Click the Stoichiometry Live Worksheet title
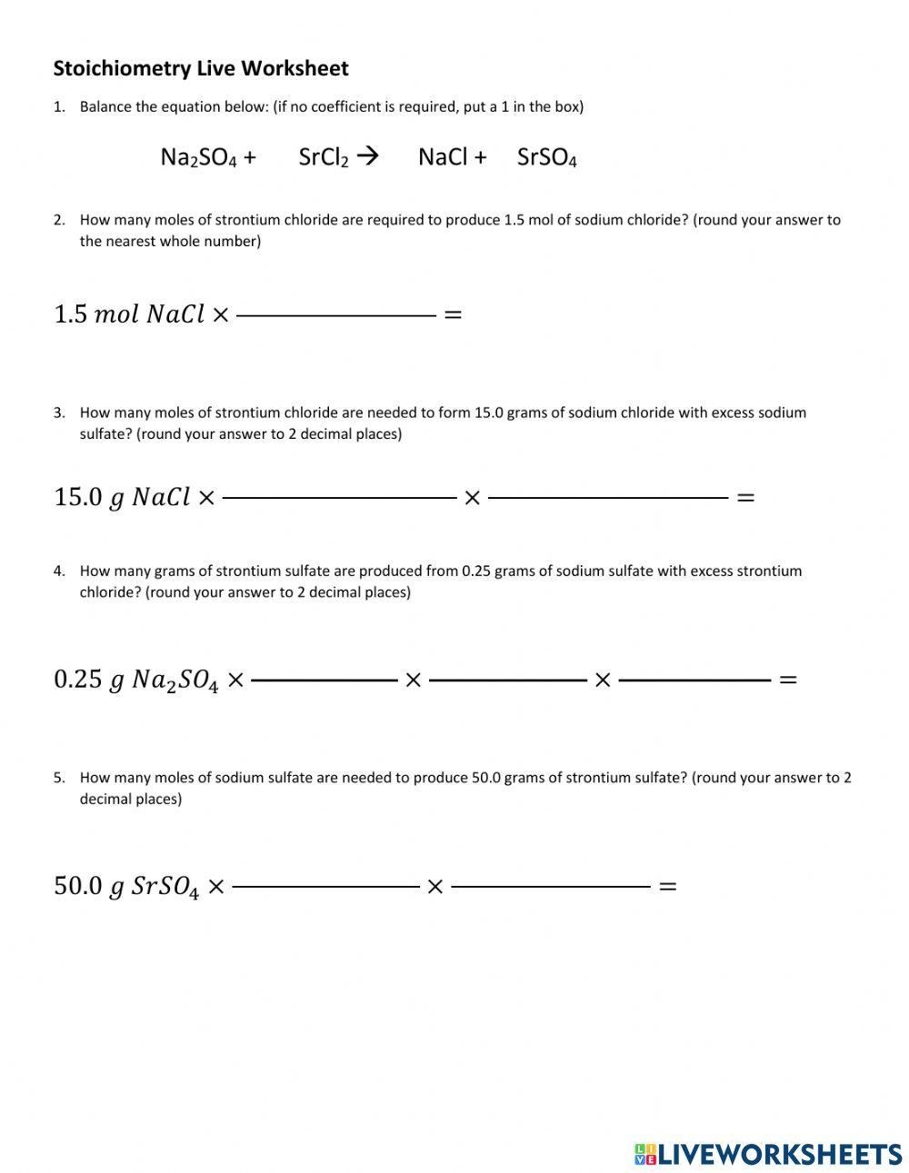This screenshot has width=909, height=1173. (x=201, y=68)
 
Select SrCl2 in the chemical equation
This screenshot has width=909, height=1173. (x=324, y=157)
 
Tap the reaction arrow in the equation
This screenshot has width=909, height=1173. (x=367, y=156)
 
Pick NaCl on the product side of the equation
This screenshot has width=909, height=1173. (x=442, y=157)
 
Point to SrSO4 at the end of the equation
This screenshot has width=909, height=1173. (x=546, y=157)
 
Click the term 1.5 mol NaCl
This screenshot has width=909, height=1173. (x=129, y=314)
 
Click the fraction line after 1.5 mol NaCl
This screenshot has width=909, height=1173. (x=336, y=315)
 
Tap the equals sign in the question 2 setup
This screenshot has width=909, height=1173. (x=452, y=315)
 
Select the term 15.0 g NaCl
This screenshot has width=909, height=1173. (x=122, y=497)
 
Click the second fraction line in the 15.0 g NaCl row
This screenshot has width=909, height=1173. (x=608, y=498)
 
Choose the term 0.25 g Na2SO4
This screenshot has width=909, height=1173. (x=136, y=680)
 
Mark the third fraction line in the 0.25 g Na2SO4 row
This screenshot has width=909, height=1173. (x=694, y=680)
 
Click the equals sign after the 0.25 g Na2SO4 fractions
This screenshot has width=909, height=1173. (x=788, y=680)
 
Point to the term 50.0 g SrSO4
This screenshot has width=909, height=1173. (x=126, y=886)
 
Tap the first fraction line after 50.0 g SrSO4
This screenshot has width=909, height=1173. (x=325, y=886)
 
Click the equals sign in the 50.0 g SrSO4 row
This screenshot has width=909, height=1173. (x=667, y=886)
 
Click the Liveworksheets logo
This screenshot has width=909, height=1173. (x=768, y=1154)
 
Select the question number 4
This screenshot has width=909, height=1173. (x=59, y=571)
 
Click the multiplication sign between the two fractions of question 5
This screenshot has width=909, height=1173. (x=435, y=886)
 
